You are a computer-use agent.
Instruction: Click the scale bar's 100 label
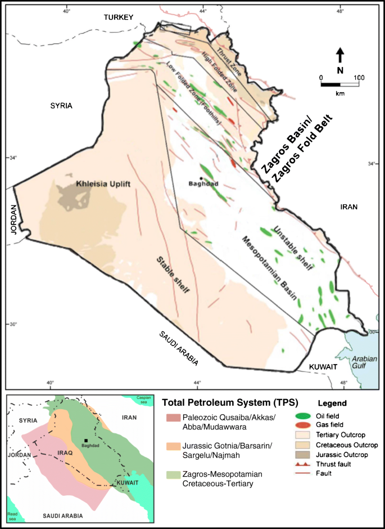point(359,77)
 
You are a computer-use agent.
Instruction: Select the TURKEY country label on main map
point(119,18)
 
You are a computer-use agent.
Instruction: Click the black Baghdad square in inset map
point(86,441)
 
